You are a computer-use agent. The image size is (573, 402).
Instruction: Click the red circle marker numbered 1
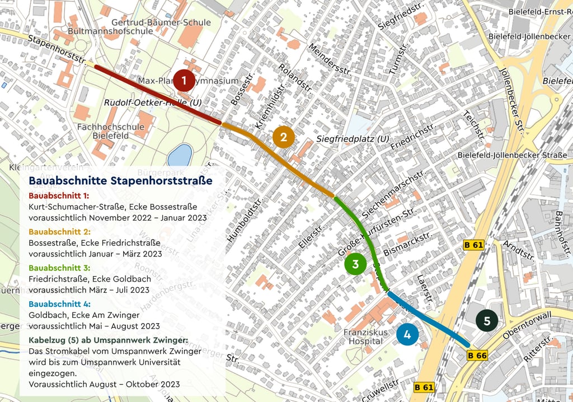click(184, 81)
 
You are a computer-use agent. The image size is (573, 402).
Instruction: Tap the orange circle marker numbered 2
click(284, 137)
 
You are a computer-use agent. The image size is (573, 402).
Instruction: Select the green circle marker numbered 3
click(355, 264)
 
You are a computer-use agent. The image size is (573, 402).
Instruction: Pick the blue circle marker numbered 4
click(407, 334)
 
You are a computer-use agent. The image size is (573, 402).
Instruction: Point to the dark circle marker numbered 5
click(487, 321)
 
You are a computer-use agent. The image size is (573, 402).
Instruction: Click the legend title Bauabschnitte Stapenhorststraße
click(120, 181)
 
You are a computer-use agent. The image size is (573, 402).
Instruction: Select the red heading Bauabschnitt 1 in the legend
click(59, 197)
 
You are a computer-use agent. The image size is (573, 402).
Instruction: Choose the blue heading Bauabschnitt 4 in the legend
click(59, 304)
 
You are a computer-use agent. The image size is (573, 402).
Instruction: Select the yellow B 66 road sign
click(477, 355)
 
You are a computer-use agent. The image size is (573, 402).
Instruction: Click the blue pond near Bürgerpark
click(180, 155)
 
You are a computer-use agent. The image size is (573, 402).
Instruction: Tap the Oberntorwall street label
click(526, 326)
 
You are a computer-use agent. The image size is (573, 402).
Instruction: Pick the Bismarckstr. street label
click(408, 245)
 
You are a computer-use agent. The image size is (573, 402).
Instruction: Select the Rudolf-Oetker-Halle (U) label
click(153, 103)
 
